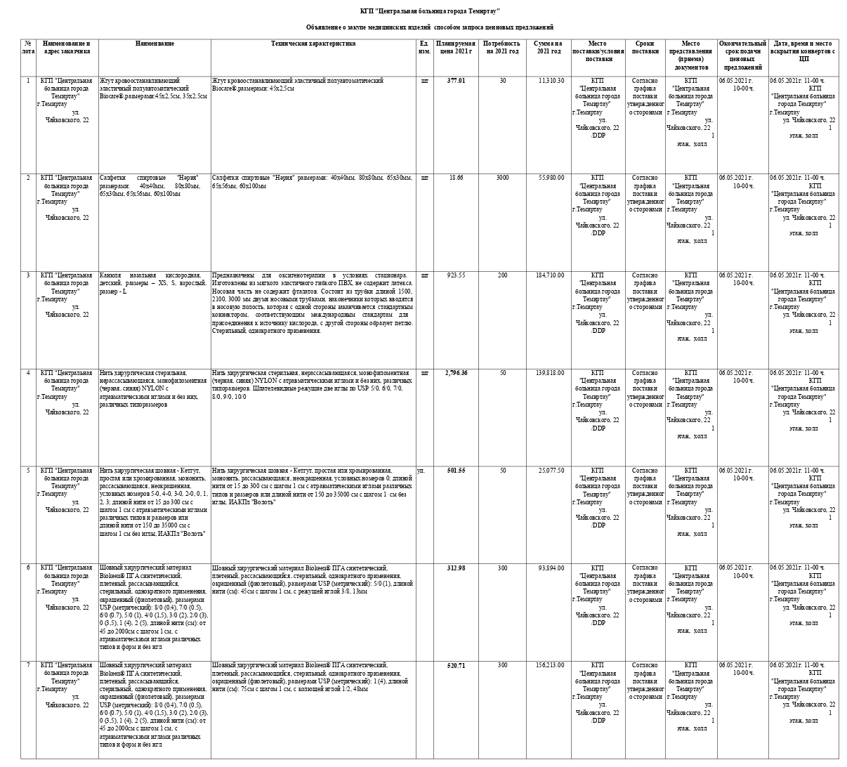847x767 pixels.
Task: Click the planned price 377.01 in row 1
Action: (456, 81)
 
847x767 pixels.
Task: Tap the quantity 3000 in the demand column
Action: (502, 178)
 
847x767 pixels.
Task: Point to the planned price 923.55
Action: (457, 275)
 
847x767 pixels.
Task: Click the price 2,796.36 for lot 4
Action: (456, 373)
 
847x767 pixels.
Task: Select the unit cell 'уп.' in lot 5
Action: (421, 470)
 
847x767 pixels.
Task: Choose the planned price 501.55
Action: (456, 470)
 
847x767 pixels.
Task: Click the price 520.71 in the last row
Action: (456, 665)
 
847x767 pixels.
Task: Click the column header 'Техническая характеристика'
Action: (313, 44)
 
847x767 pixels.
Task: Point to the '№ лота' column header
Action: (28, 48)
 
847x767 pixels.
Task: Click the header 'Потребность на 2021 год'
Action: (502, 48)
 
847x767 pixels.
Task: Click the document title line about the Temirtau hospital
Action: (429, 11)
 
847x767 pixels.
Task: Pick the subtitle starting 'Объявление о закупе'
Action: (429, 27)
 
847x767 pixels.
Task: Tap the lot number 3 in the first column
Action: (28, 275)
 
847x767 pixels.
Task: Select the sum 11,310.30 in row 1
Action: (551, 81)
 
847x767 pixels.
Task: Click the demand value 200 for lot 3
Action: (502, 275)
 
